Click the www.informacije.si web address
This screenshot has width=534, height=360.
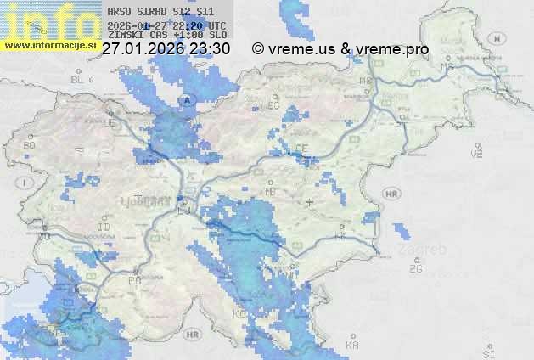[x=49, y=44]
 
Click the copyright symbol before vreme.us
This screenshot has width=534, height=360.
[x=258, y=49]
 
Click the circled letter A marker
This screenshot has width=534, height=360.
[x=187, y=100]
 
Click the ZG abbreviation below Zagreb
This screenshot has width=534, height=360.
[x=415, y=269]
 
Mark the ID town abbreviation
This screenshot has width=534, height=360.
[x=104, y=228]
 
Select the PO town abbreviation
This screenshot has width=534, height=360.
[x=133, y=280]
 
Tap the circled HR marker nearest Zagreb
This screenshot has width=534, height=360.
[x=391, y=194]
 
